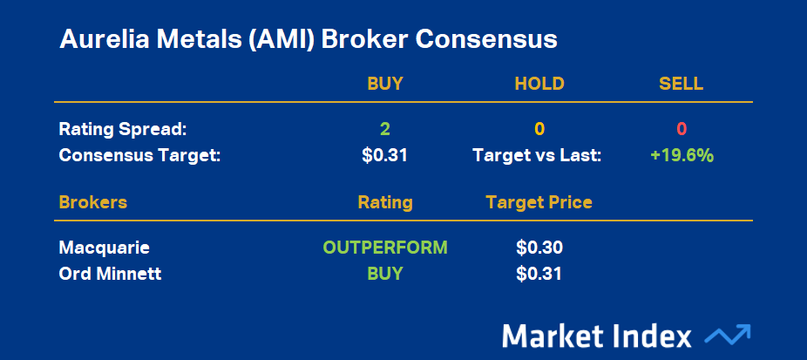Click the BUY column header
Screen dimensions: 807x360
385,84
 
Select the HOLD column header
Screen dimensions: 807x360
539,84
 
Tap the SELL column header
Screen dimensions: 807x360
681,84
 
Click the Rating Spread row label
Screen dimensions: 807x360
123,129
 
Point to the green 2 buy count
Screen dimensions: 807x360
385,129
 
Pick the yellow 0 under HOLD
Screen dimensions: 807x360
539,129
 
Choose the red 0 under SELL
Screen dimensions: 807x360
682,129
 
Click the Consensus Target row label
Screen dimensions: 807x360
139,155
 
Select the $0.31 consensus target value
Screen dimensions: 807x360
384,155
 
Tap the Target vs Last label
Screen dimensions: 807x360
537,155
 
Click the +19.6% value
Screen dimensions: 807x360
682,155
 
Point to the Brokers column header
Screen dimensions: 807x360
93,202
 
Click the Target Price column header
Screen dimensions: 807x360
539,202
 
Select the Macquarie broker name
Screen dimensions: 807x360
105,248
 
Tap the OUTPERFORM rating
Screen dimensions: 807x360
385,248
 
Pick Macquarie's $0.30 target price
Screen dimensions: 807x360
539,248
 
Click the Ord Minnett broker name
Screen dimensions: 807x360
110,274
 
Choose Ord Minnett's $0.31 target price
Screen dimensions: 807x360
539,274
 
